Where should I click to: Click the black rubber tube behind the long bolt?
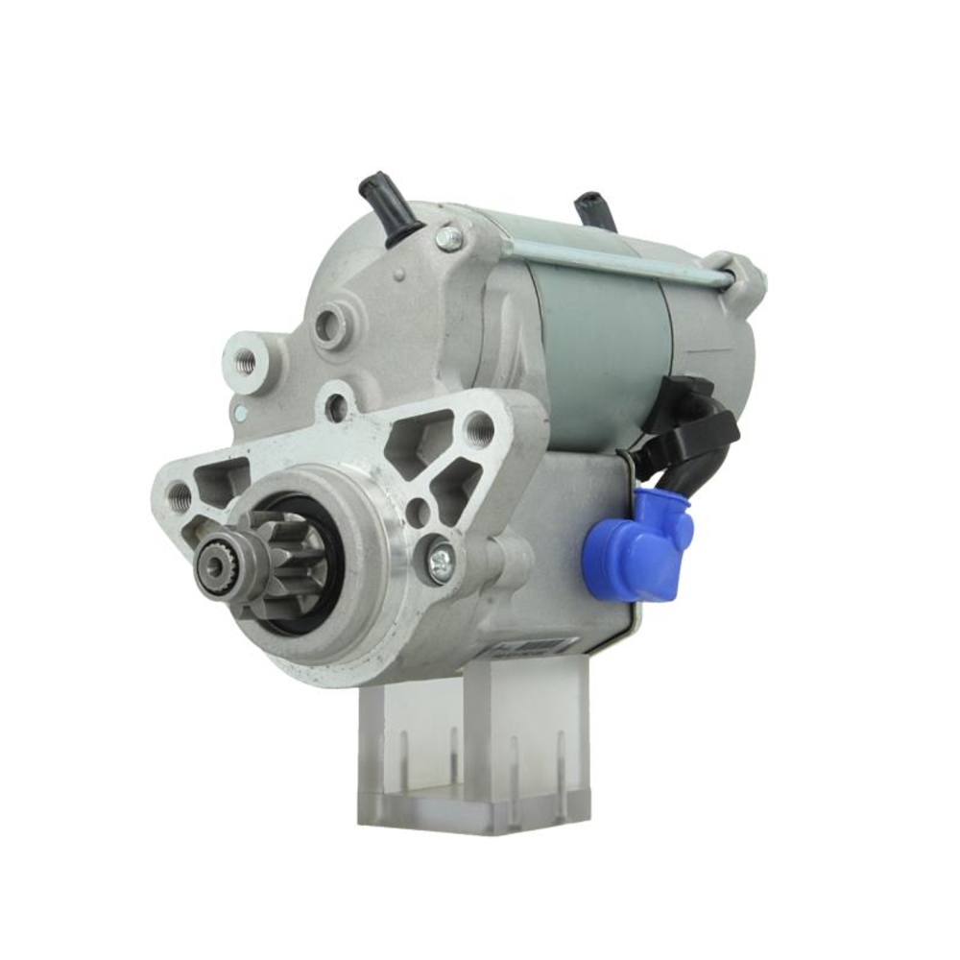click(x=595, y=211)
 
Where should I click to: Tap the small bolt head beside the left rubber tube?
click(x=449, y=237)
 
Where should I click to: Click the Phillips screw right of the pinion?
click(x=442, y=563)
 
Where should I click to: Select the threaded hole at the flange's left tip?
click(x=180, y=496)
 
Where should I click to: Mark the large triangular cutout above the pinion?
click(x=420, y=440)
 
